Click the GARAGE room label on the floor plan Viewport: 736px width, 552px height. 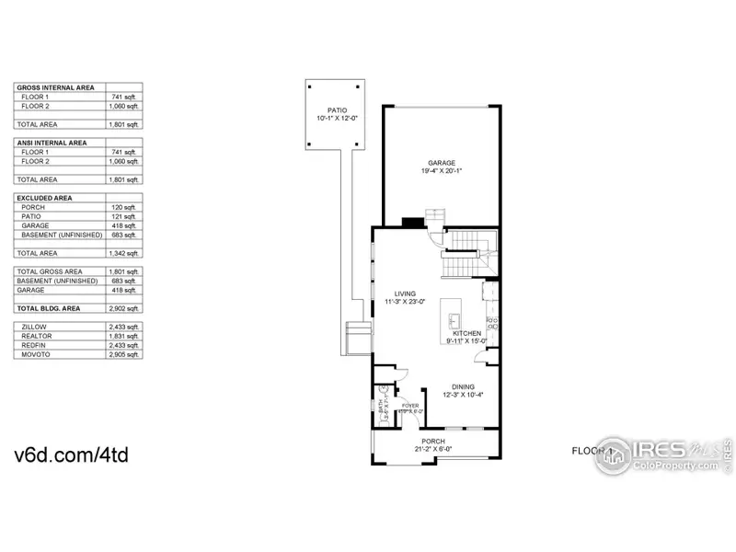click(442, 162)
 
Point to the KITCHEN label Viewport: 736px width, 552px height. click(466, 333)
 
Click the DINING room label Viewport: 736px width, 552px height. click(464, 387)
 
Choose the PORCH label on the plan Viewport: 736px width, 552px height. click(433, 442)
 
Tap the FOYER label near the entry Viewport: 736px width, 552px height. click(410, 405)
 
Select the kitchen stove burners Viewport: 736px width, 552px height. click(491, 323)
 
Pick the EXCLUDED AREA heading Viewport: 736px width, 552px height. click(46, 198)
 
